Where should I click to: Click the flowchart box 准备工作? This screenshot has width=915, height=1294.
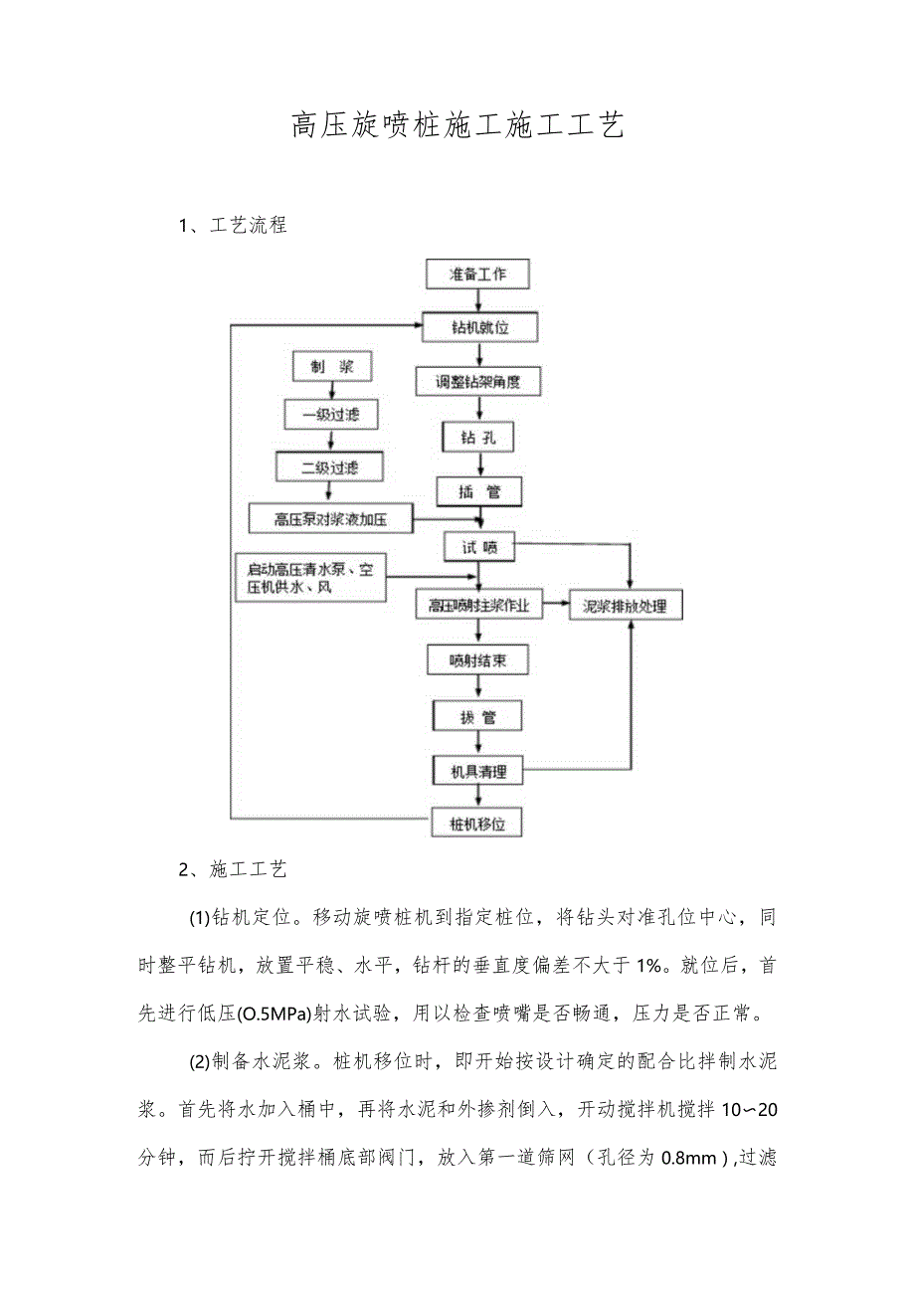point(477,274)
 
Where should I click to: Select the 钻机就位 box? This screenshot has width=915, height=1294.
point(478,326)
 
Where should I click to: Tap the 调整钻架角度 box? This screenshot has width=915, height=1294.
point(478,380)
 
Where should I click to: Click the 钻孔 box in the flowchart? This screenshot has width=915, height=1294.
point(478,436)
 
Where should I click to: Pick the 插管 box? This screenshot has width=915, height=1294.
point(478,490)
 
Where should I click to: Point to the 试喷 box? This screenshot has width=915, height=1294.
point(478,545)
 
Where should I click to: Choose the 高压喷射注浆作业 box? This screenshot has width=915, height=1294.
point(479,605)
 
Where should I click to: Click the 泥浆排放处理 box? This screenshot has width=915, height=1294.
point(626,605)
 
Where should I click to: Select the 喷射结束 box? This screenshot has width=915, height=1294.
point(478,659)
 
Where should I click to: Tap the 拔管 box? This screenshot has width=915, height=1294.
point(478,715)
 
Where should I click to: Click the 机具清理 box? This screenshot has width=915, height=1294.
point(478,770)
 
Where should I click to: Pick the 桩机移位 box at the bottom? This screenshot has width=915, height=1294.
point(478,824)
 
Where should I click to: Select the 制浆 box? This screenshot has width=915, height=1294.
point(319,366)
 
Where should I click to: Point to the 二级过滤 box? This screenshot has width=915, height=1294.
point(329,465)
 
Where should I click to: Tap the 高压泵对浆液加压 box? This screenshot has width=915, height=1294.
point(330,517)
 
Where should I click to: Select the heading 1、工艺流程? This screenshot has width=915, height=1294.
point(233,226)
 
